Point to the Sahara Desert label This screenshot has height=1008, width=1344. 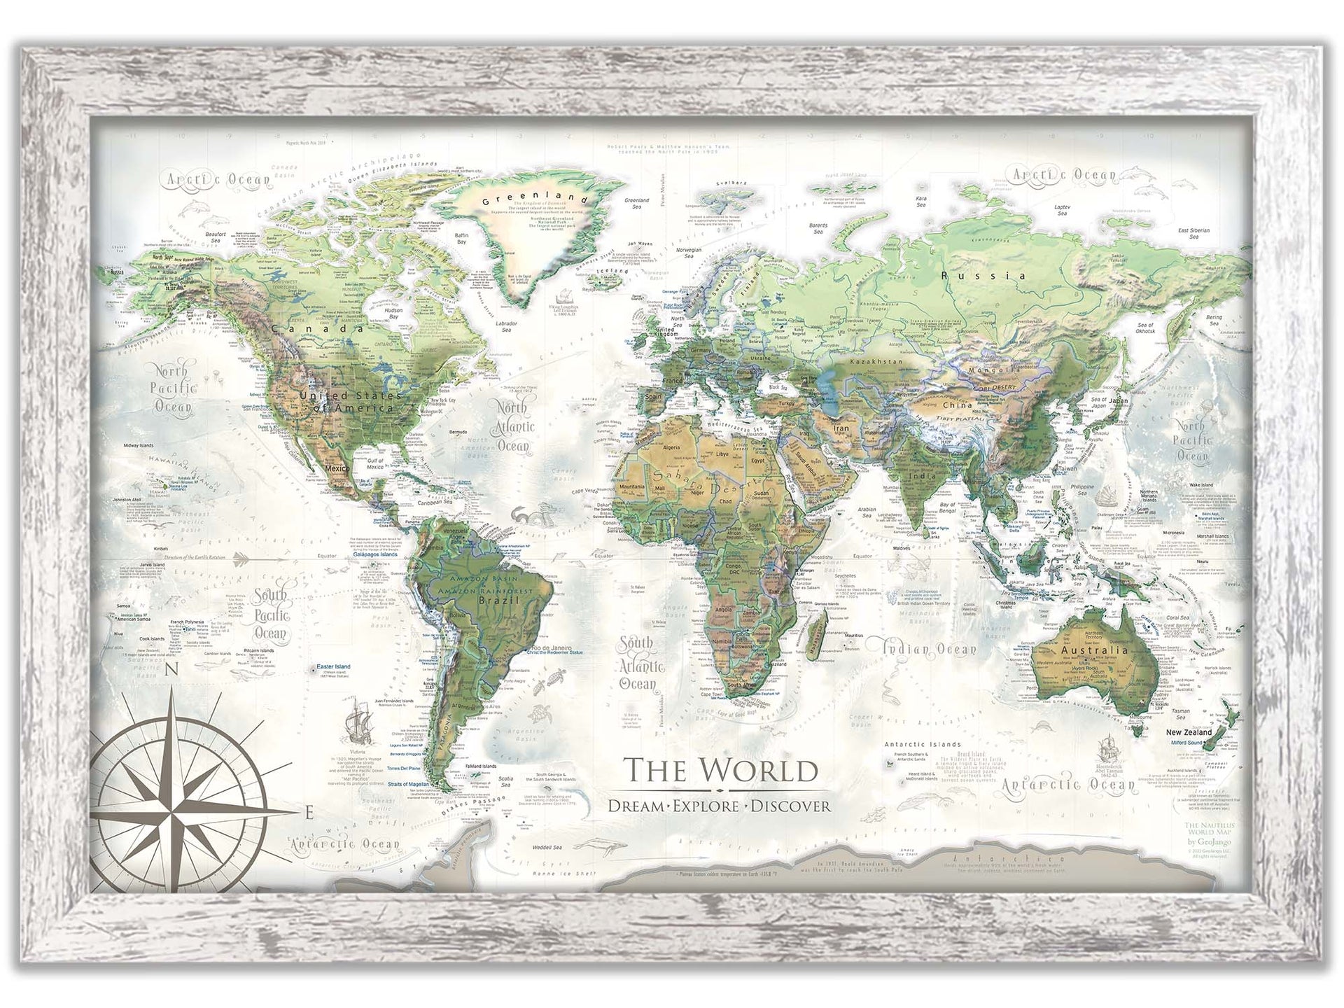700,480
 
